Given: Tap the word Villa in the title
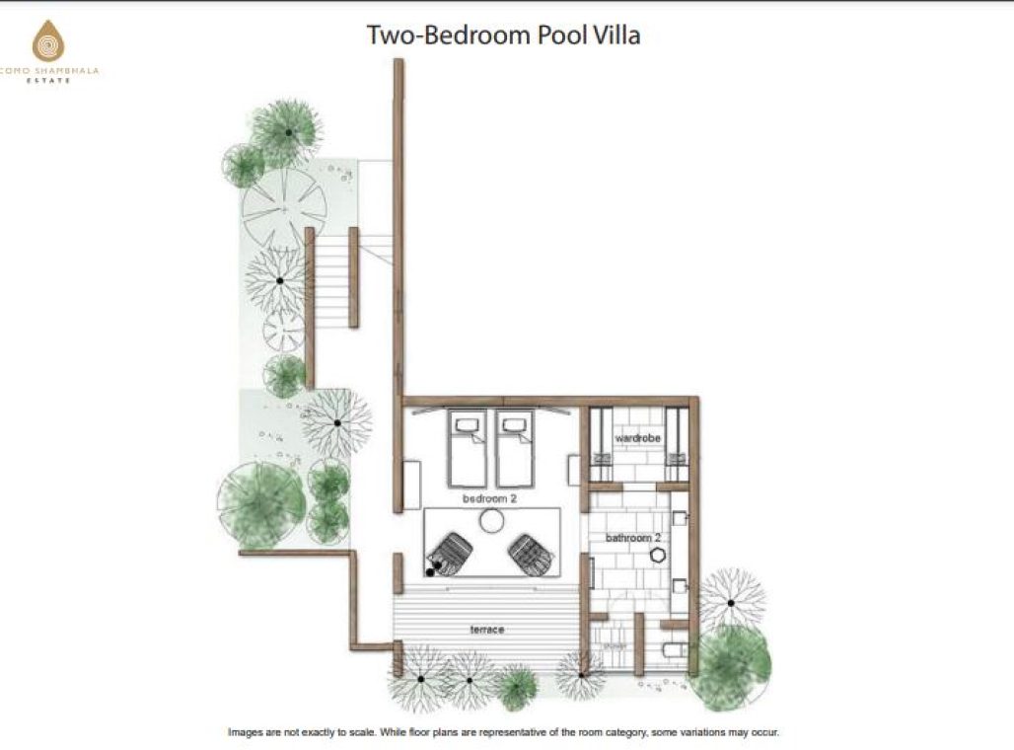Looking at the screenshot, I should click(x=616, y=36).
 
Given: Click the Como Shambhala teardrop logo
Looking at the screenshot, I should click(x=47, y=41).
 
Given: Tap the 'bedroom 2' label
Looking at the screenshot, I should click(x=490, y=499).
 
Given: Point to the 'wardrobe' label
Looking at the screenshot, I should click(x=636, y=436).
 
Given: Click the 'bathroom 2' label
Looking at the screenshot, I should click(x=632, y=539).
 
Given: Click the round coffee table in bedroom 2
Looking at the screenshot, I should click(x=491, y=520).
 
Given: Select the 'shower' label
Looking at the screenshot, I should click(x=615, y=648).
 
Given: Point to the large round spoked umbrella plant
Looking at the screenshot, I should click(x=284, y=207).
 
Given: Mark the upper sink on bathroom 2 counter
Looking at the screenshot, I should click(x=680, y=518).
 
